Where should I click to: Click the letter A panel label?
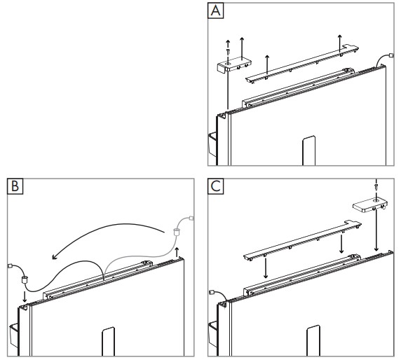[x=216, y=11]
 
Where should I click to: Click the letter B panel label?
[x=15, y=186]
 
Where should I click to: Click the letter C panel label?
[x=216, y=186]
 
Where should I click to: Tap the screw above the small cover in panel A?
[x=228, y=51]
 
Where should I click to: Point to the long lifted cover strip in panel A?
[x=301, y=64]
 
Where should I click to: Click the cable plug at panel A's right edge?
[x=390, y=55]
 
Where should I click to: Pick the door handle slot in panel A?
[x=309, y=151]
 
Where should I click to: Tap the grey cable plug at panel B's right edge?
[x=191, y=219]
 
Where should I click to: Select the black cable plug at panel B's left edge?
[x=10, y=266]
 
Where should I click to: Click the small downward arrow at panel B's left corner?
[x=25, y=297]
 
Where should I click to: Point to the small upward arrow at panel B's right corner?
[x=177, y=252]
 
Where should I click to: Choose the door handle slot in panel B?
[x=109, y=341]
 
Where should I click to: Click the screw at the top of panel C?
[x=376, y=187]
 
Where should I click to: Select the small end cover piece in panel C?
[x=370, y=205]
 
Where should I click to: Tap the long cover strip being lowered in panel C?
[x=302, y=240]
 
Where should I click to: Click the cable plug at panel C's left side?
[x=212, y=292]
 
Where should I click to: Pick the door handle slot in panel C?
[x=313, y=340]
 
